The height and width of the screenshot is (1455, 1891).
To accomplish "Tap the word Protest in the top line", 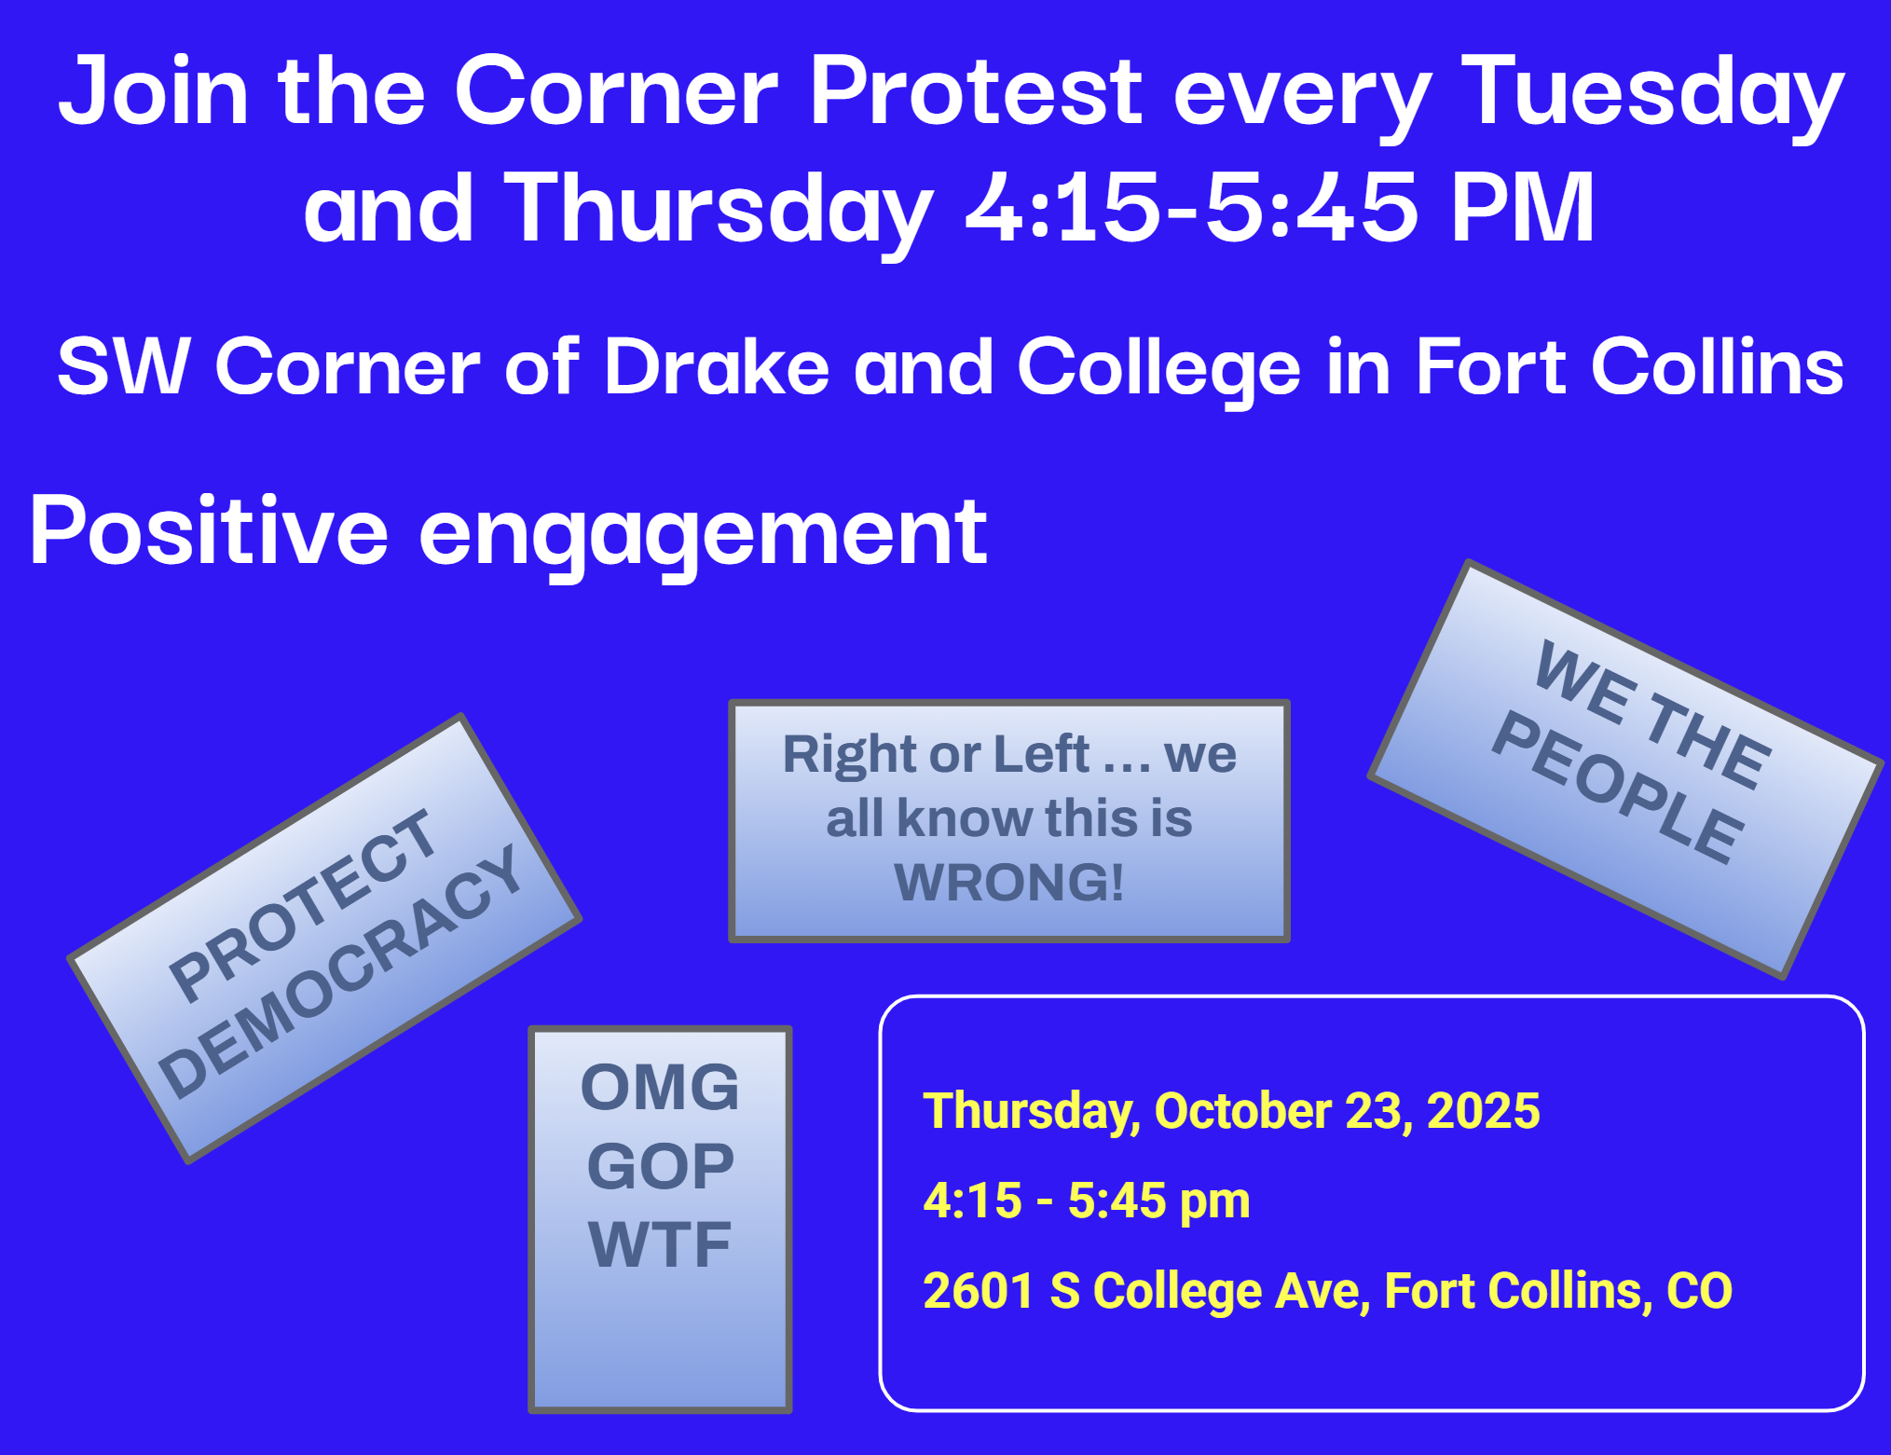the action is point(976,89).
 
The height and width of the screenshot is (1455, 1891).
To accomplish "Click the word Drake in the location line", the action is point(717,366).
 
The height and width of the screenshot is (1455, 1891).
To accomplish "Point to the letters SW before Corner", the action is point(124,366).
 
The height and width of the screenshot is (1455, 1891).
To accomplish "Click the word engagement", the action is point(704,537).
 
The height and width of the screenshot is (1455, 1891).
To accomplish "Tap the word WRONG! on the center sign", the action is point(1009,882).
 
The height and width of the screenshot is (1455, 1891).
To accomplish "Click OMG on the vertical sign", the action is point(660,1087).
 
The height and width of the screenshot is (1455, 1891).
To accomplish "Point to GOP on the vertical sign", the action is point(660,1166).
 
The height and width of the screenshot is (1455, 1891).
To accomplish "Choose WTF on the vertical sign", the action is point(660,1244).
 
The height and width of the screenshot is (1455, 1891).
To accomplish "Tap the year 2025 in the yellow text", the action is point(1483,1110).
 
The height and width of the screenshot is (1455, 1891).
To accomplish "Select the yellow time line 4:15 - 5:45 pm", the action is point(1087,1201).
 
